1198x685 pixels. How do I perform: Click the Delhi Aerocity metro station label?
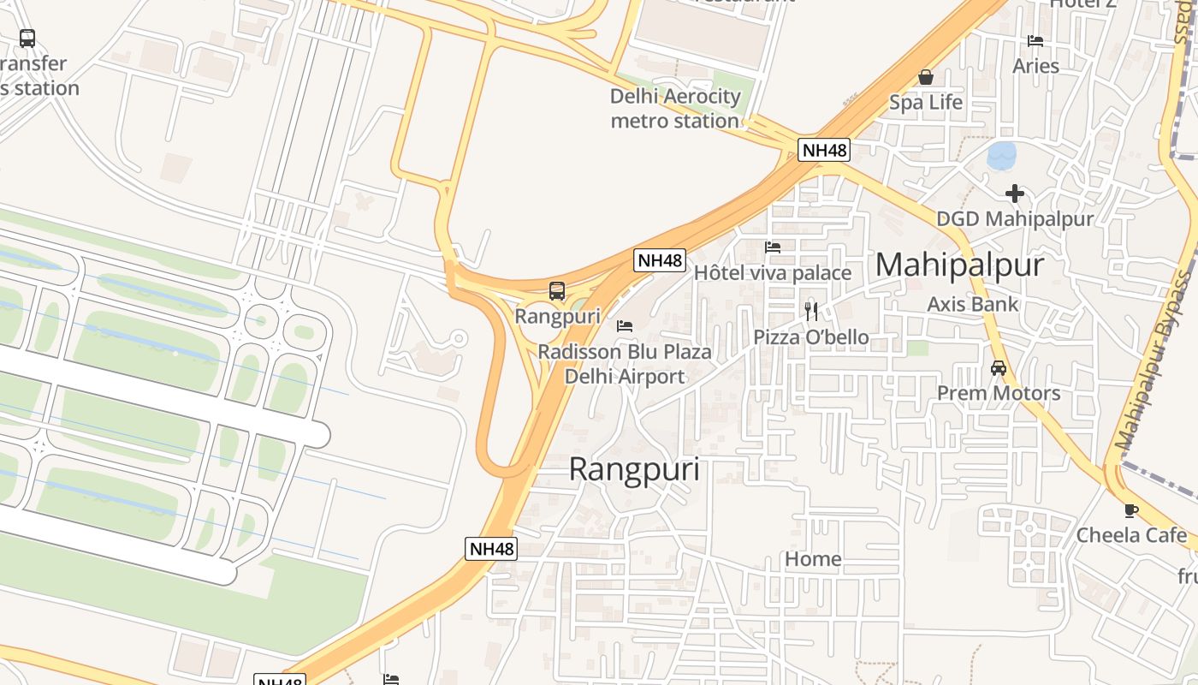pyautogui.click(x=675, y=109)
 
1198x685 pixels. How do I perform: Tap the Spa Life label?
pyautogui.click(x=925, y=103)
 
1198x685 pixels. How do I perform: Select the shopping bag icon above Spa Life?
pyautogui.click(x=925, y=77)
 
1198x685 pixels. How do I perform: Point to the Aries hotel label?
pyautogui.click(x=1035, y=66)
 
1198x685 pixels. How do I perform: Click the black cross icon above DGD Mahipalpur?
pyautogui.click(x=1015, y=194)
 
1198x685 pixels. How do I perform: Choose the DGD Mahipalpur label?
pyautogui.click(x=1014, y=219)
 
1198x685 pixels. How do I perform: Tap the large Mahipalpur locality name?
pyautogui.click(x=959, y=265)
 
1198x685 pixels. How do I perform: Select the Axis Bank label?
pyautogui.click(x=973, y=304)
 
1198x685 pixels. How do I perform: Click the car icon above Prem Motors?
pyautogui.click(x=998, y=368)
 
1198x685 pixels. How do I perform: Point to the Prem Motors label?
pyautogui.click(x=998, y=394)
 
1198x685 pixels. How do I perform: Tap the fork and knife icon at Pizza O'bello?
pyautogui.click(x=811, y=311)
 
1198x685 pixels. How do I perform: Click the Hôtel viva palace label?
pyautogui.click(x=772, y=273)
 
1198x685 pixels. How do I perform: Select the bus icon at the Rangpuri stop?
pyautogui.click(x=557, y=291)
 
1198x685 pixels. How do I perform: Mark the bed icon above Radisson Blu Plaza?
pyautogui.click(x=625, y=326)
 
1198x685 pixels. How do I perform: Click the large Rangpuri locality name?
pyautogui.click(x=634, y=469)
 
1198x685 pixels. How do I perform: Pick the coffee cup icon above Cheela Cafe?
pyautogui.click(x=1131, y=510)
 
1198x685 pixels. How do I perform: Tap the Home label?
pyautogui.click(x=813, y=560)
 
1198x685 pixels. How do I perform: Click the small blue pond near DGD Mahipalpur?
pyautogui.click(x=1001, y=156)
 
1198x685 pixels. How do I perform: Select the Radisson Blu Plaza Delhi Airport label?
pyautogui.click(x=625, y=365)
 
